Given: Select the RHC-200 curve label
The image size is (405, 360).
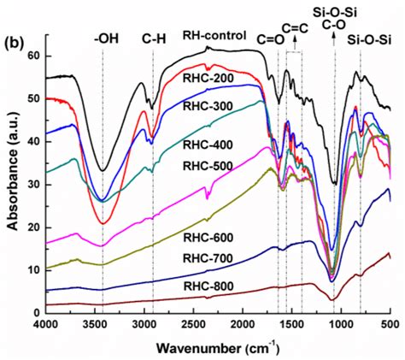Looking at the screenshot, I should pyautogui.click(x=202, y=78).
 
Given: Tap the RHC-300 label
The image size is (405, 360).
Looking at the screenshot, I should pyautogui.click(x=204, y=106).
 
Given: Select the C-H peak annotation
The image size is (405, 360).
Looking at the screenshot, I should pyautogui.click(x=154, y=38).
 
